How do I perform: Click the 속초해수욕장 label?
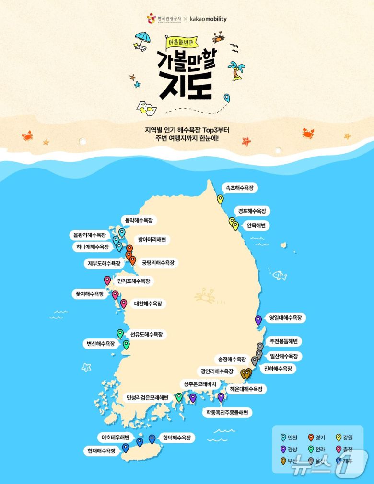click(x=239, y=188)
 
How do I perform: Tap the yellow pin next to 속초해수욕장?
click(x=220, y=199)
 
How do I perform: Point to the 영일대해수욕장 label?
click(x=286, y=317)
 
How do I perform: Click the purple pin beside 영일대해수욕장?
click(x=258, y=320)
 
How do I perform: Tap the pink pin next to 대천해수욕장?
click(x=124, y=303)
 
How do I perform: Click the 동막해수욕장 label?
click(x=139, y=220)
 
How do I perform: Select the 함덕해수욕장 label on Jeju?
click(x=176, y=438)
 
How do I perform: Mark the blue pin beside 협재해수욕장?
click(x=126, y=448)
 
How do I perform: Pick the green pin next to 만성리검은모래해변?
click(x=179, y=397)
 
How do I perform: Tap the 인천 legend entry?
click(x=289, y=438)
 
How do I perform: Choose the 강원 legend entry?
click(x=344, y=438)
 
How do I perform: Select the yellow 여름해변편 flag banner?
click(x=181, y=43)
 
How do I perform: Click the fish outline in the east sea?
click(x=279, y=275)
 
